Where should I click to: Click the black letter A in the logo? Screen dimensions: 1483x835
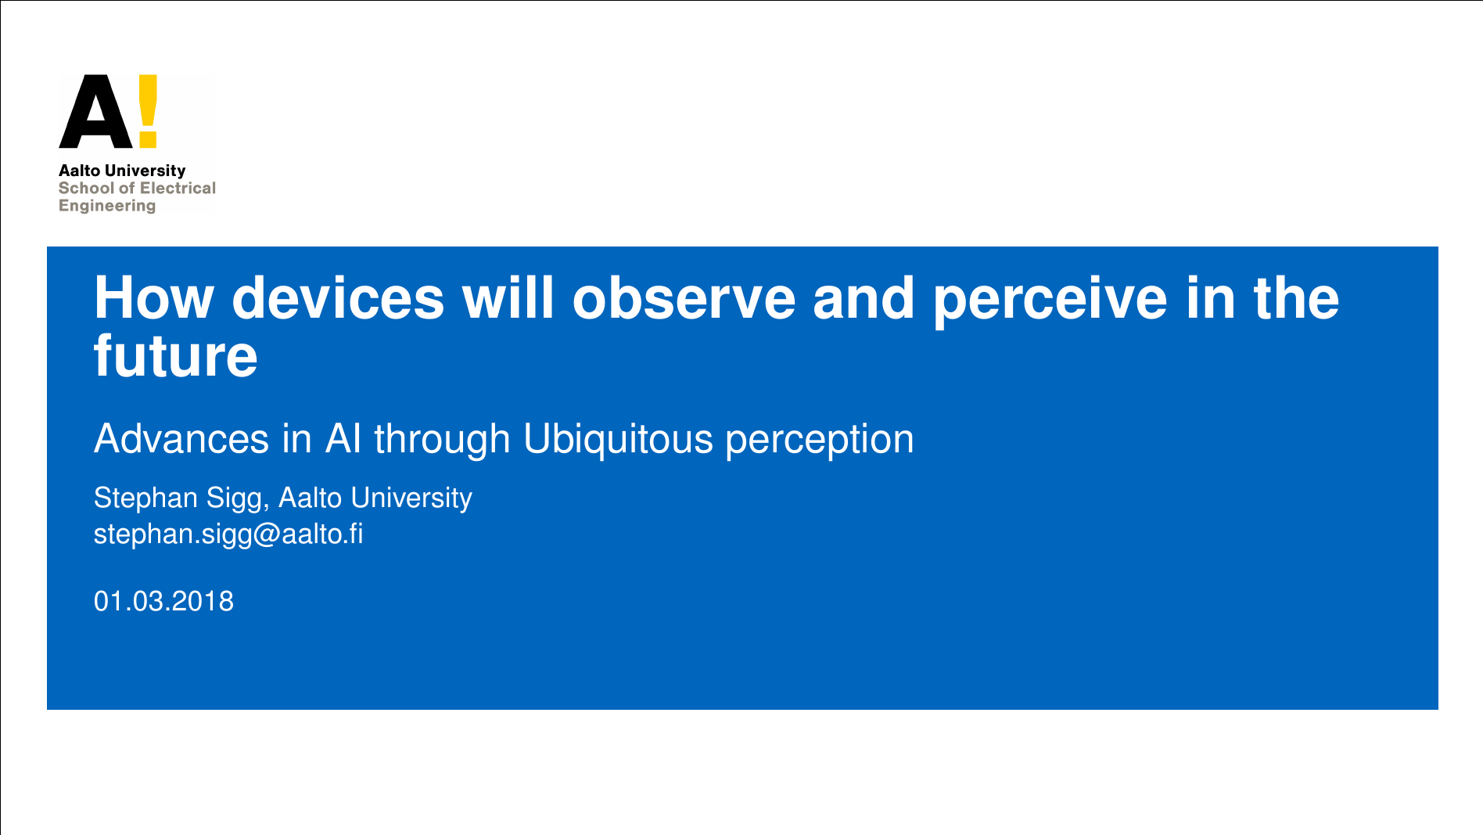96,112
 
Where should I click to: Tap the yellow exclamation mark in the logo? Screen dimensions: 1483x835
148,112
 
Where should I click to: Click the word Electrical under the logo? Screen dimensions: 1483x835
178,188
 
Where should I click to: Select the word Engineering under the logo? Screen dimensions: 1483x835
107,206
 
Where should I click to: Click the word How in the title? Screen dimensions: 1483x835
154,298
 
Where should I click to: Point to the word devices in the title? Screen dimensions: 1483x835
338,298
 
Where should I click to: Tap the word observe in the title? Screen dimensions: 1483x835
684,298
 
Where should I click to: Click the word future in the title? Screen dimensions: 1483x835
176,356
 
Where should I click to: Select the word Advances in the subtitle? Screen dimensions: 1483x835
181,438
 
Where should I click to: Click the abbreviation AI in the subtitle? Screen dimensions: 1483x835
343,438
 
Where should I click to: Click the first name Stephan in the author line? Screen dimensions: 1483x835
145,498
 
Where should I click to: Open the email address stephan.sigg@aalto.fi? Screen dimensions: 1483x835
228,534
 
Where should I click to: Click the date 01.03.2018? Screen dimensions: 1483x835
163,601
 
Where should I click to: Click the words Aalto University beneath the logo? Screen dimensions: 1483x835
122,171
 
